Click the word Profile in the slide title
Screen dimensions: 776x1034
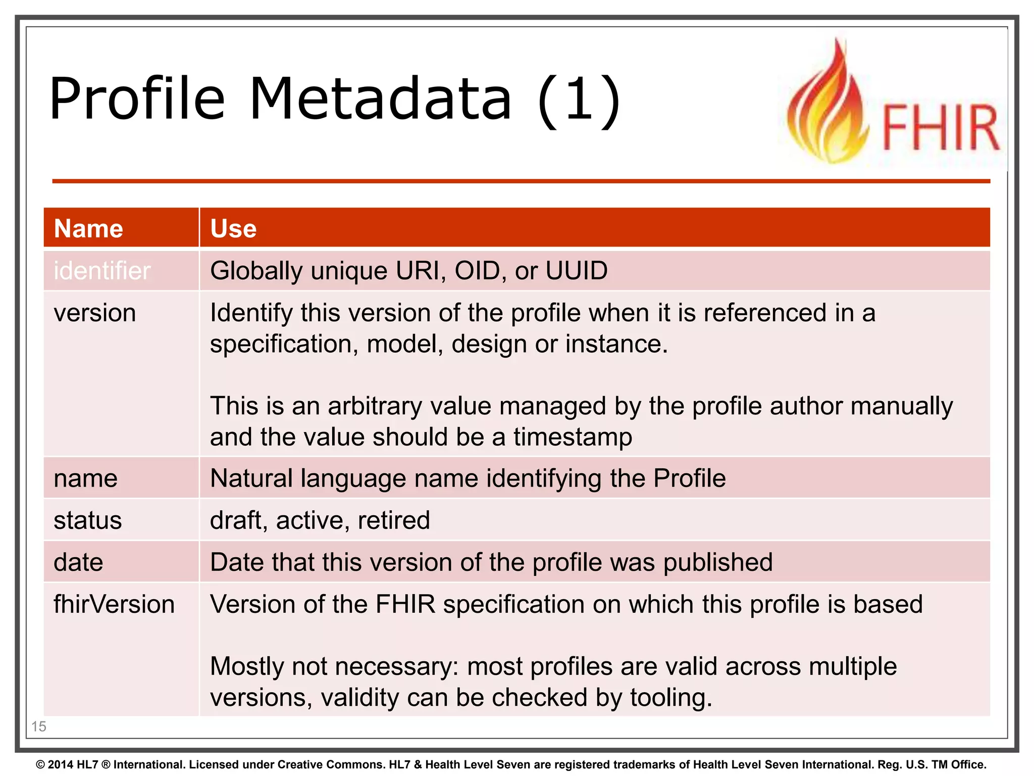[x=137, y=99]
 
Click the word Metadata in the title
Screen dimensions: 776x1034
[x=381, y=99]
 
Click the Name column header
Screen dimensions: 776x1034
[x=88, y=228]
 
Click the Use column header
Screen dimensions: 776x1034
[x=233, y=228]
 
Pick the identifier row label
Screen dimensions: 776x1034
[x=102, y=271]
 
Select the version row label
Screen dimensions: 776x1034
[x=95, y=313]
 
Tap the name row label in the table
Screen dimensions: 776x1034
[x=85, y=478]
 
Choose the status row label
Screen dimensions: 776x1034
[x=88, y=520]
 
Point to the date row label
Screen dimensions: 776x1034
[x=78, y=562]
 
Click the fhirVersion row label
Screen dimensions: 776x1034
[x=114, y=604]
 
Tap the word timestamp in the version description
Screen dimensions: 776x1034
[x=573, y=437]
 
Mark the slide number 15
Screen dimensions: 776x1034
[x=39, y=726]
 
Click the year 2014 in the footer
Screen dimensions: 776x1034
[x=61, y=765]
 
